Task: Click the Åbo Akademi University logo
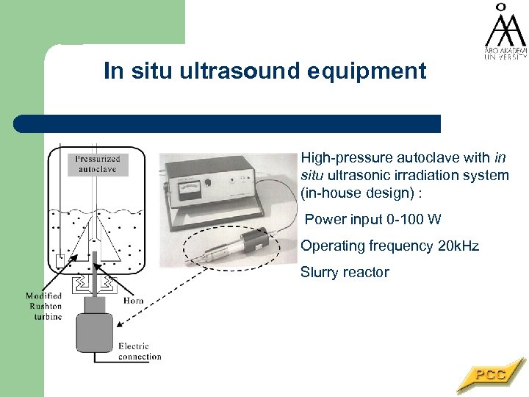tap(504, 33)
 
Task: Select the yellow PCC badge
tap(490, 375)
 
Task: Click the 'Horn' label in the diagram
tap(133, 300)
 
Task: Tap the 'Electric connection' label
tap(139, 351)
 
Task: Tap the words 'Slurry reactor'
tap(345, 272)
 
